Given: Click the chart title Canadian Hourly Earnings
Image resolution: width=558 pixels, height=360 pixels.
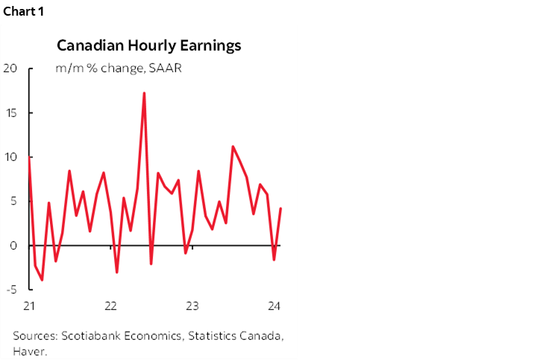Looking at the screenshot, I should click(149, 45).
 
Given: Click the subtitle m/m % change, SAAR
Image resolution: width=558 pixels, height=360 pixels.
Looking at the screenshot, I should click(119, 69).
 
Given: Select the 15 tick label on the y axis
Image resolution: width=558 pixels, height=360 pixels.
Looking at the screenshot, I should click(10, 113).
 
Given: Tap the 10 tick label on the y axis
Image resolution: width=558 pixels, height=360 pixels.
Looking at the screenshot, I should click(10, 157).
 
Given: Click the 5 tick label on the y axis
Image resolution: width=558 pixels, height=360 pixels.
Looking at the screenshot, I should click(13, 201).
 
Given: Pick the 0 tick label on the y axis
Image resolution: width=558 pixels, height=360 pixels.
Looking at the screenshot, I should click(13, 245).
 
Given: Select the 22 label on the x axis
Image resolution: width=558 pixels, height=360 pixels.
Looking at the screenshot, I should click(110, 306).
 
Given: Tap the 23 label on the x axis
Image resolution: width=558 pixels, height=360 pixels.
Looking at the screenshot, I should click(192, 306).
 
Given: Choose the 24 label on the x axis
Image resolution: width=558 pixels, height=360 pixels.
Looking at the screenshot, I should click(274, 306).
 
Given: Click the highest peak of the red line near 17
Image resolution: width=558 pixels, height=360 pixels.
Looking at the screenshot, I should click(144, 93).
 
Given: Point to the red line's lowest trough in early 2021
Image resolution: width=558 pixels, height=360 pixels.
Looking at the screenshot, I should click(42, 280).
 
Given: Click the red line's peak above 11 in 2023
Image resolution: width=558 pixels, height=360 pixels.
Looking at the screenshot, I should click(233, 146).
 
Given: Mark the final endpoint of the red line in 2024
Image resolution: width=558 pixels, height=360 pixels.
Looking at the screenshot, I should click(280, 209).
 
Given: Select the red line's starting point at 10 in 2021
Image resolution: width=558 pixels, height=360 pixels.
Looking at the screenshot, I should click(29, 157).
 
